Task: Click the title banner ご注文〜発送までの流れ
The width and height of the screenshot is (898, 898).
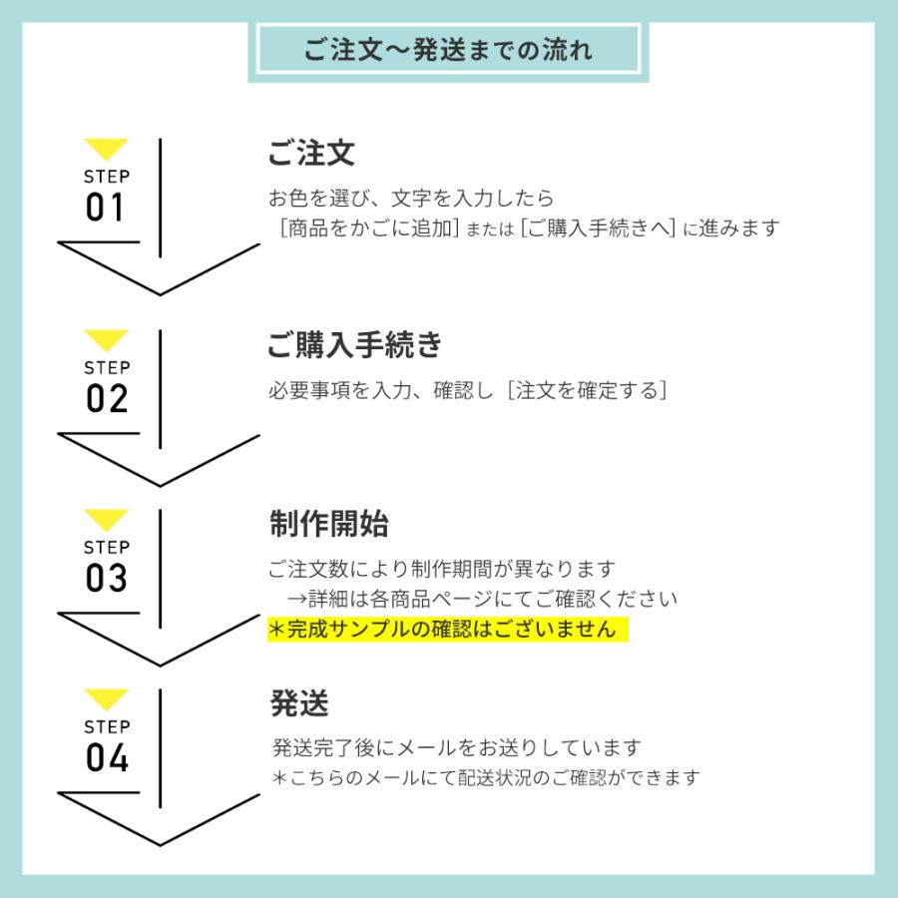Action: (x=448, y=49)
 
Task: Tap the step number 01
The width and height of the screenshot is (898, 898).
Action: (x=105, y=207)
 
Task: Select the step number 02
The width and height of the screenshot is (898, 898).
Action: (x=107, y=398)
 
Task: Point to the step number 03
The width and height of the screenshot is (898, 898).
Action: (x=107, y=578)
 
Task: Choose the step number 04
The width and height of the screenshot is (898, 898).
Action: (x=107, y=757)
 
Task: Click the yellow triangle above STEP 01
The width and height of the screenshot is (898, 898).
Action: (x=106, y=149)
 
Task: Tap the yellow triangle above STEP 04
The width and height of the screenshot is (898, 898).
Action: (x=106, y=699)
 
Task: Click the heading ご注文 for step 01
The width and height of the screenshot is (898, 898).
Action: (x=311, y=153)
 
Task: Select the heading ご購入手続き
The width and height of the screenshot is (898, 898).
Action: (x=355, y=345)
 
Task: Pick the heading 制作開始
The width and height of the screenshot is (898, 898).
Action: (x=329, y=524)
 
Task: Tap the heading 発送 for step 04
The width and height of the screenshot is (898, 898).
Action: (x=299, y=703)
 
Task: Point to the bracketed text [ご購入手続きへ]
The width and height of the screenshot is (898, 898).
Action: (x=599, y=227)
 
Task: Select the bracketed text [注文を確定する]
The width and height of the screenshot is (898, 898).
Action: (x=587, y=390)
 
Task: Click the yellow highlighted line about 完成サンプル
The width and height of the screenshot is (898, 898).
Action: (x=448, y=630)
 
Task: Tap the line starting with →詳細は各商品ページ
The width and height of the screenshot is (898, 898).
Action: (x=482, y=599)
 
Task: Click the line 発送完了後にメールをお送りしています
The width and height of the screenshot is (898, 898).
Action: (x=456, y=747)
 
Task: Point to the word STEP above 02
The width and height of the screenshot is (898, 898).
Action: (x=107, y=367)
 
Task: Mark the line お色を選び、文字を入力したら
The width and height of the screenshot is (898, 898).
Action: (x=411, y=199)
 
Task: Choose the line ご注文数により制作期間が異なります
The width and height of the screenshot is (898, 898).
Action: (x=442, y=569)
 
